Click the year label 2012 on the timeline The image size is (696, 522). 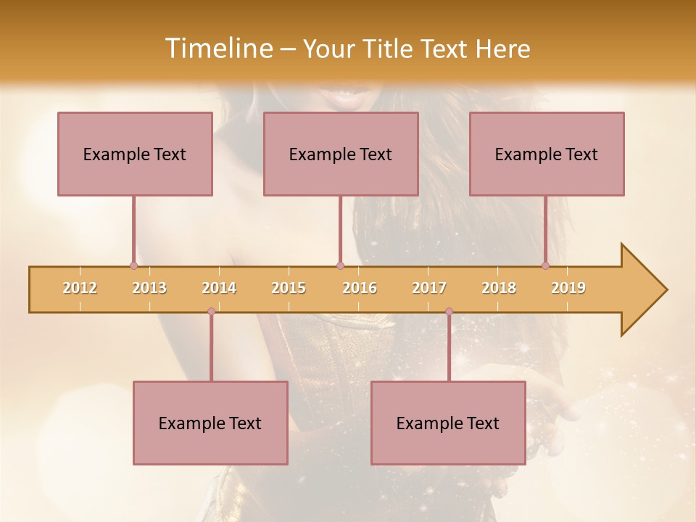(80, 288)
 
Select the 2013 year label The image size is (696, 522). (149, 288)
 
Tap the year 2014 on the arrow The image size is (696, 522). (219, 288)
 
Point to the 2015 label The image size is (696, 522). (289, 288)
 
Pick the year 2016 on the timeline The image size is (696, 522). (360, 288)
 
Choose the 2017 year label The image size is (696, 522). (429, 288)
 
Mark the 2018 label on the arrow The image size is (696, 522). (499, 288)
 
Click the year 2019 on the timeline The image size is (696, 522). (568, 288)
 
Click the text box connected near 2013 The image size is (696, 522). (135, 154)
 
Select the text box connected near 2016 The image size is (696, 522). (341, 154)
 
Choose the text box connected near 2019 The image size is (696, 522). (547, 154)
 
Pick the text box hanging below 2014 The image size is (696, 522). (210, 423)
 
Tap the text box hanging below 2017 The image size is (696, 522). (448, 423)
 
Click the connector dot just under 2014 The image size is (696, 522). (211, 312)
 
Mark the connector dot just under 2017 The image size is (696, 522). (449, 312)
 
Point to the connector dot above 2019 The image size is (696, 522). (545, 265)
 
